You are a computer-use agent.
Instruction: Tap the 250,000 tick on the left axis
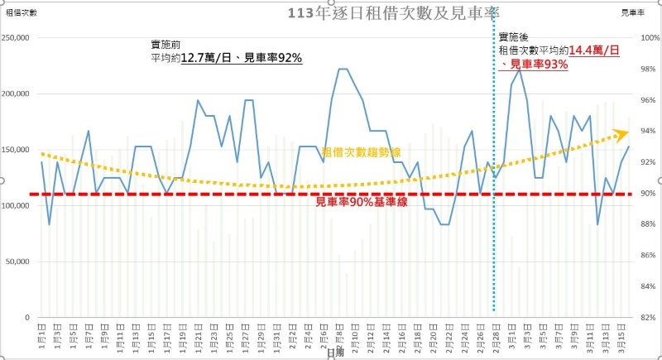(17, 38)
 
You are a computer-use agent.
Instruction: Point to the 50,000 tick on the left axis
(18, 262)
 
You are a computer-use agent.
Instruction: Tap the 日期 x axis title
(334, 353)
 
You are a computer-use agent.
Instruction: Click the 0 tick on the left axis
(27, 318)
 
